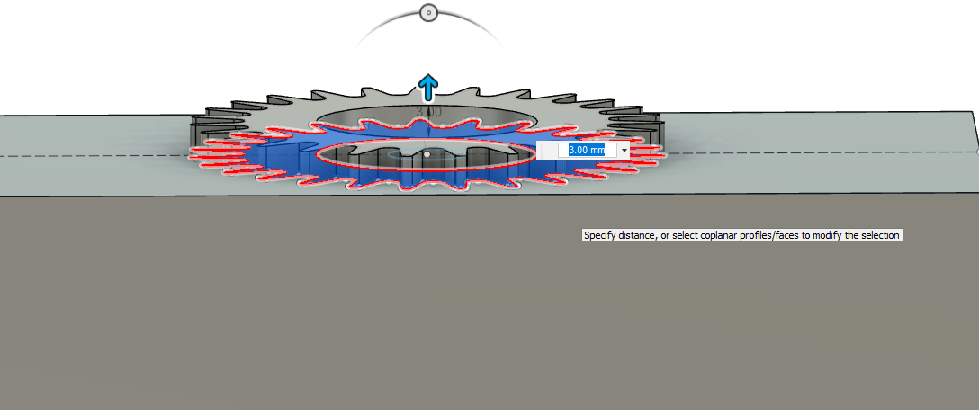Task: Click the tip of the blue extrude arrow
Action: (428, 75)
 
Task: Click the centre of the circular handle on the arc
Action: (429, 13)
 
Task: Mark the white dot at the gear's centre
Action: (427, 154)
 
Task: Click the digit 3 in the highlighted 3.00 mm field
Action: (571, 150)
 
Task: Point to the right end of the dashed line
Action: (978, 152)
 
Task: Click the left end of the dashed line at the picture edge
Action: (0, 156)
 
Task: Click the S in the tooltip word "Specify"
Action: (587, 235)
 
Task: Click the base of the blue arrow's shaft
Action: (428, 100)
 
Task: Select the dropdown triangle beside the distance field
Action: (624, 151)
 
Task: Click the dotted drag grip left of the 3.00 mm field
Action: (542, 150)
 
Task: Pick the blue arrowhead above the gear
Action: (428, 81)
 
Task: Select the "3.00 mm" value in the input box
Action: (587, 150)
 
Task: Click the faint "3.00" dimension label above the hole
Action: (429, 112)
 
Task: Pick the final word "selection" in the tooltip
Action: (880, 235)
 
